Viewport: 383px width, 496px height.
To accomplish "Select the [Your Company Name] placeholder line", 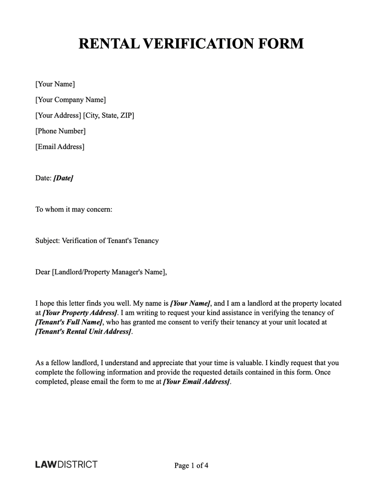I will (70, 100).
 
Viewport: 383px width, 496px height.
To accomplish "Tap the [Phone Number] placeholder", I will (60, 131).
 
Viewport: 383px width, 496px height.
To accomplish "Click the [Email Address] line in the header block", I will (60, 147).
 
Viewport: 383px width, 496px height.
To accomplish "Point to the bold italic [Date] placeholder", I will (63, 178).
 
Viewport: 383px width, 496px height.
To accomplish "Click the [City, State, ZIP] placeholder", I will (109, 115).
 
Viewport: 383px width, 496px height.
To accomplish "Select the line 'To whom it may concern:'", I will (74, 209).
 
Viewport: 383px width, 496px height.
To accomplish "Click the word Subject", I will (46, 241).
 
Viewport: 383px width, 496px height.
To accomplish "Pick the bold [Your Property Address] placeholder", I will (80, 313).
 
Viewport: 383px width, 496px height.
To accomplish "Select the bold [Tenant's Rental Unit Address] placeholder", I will (83, 332).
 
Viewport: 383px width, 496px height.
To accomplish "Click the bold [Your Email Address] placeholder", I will (197, 382).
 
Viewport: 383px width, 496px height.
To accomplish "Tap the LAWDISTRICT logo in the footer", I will (66, 464).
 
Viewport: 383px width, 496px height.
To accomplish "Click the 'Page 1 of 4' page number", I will (191, 465).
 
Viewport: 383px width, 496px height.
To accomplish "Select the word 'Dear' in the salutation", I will (43, 272).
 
